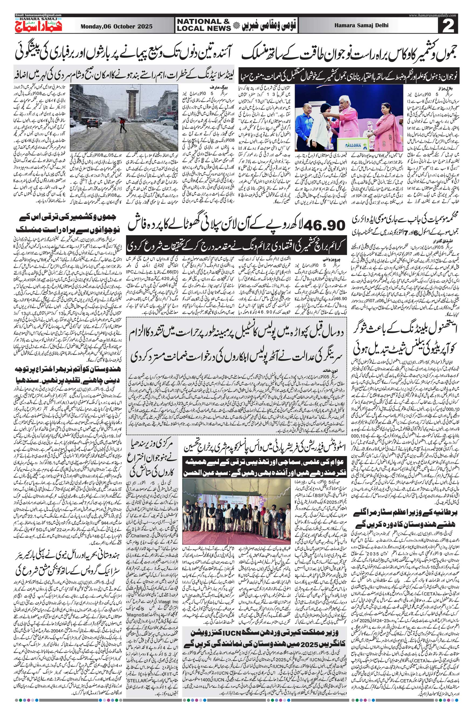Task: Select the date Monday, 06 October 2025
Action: pyautogui.click(x=116, y=26)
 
